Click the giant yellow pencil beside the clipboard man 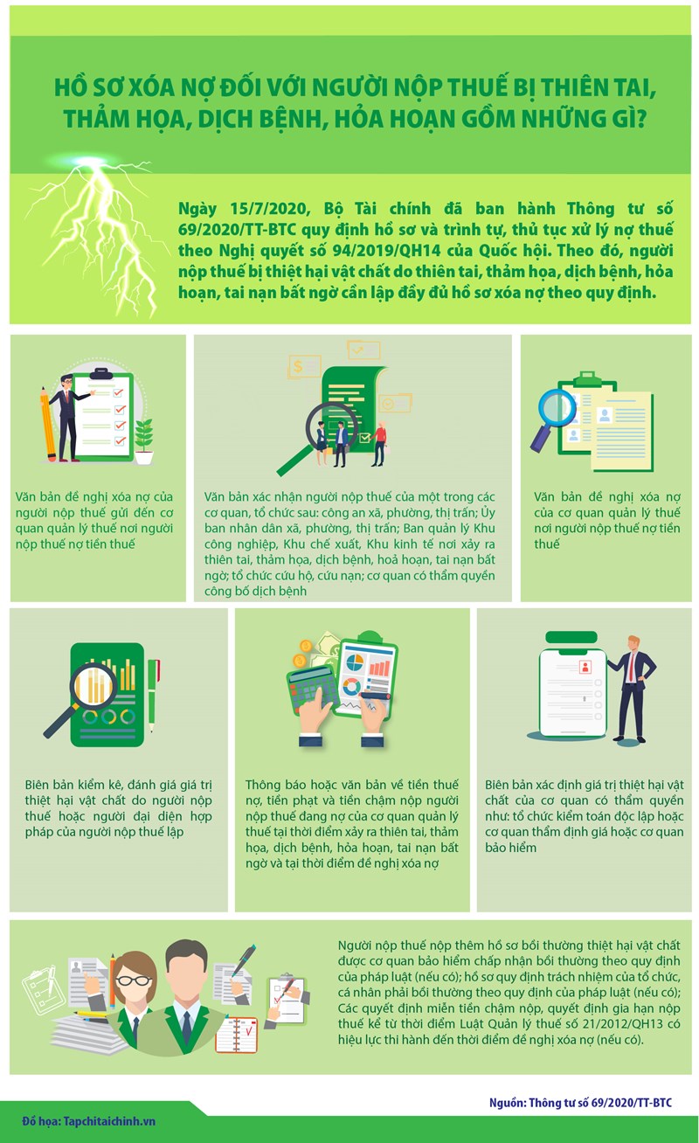tap(48, 424)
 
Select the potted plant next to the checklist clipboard tap(144, 441)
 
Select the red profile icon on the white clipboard tap(585, 667)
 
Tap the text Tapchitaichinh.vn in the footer tap(109, 1121)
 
